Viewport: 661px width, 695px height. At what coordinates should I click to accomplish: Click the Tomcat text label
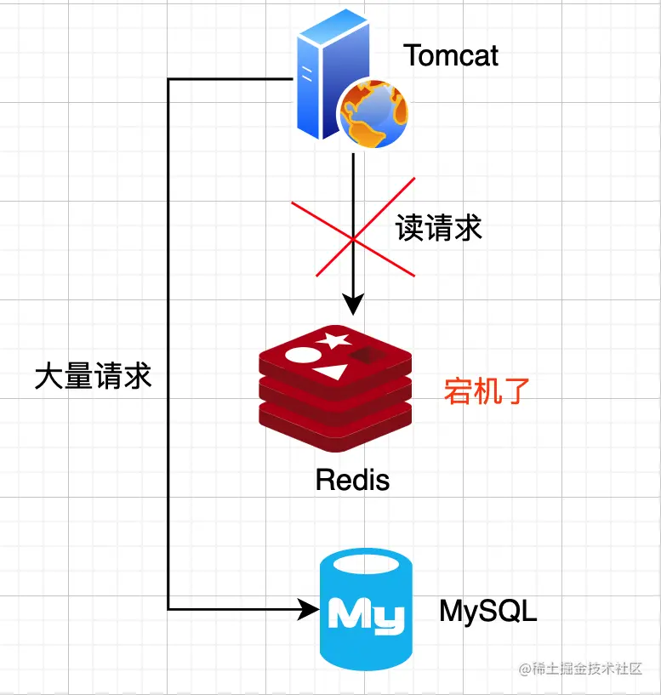(x=451, y=55)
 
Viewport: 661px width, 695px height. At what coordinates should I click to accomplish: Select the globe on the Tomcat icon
(x=373, y=113)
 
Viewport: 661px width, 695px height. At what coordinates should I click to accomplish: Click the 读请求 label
(x=438, y=228)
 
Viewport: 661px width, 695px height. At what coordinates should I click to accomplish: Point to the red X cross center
(x=353, y=239)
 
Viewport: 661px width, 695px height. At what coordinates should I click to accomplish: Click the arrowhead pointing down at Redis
(x=353, y=304)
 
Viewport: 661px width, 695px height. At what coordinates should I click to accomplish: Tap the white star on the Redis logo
(x=333, y=340)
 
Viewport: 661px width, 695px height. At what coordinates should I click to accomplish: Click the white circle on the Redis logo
(x=303, y=355)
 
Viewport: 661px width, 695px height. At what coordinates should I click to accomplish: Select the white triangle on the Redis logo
(x=331, y=373)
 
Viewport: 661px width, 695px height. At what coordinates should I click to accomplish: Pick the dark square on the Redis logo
(x=366, y=355)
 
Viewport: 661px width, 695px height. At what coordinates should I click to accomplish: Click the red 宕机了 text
(x=487, y=391)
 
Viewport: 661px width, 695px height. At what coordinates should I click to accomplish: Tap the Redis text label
(x=352, y=480)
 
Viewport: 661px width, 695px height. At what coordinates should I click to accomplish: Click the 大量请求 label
(x=93, y=376)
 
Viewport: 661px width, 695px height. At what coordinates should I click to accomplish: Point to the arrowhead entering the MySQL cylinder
(x=309, y=609)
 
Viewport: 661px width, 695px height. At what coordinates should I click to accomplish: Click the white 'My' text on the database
(x=366, y=613)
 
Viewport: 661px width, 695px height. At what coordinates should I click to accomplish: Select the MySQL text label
(x=488, y=611)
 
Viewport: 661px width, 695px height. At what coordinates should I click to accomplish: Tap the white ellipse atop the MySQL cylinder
(x=366, y=564)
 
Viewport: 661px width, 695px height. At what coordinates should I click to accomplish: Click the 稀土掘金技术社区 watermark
(x=581, y=669)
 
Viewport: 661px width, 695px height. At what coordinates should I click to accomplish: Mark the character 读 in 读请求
(x=410, y=228)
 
